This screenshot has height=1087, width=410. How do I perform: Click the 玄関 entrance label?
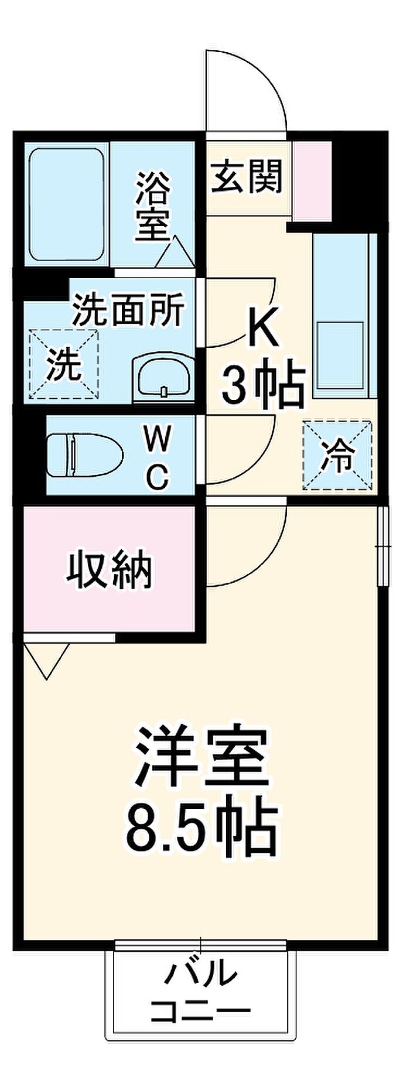[x=247, y=176]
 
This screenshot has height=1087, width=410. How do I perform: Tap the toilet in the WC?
[x=84, y=455]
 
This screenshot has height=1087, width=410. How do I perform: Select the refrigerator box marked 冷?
[x=337, y=454]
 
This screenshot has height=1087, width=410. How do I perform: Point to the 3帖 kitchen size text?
[x=263, y=387]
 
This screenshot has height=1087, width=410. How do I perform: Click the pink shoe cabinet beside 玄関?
[x=312, y=181]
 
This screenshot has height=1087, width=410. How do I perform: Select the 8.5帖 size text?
[x=200, y=828]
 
